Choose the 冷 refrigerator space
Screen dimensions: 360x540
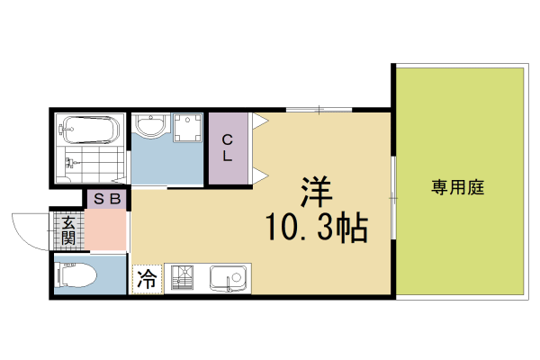click(147, 280)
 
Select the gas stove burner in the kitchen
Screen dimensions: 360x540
click(184, 279)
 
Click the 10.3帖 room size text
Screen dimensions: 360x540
click(314, 229)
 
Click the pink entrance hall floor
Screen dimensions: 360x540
click(106, 231)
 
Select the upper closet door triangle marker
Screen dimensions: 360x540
click(260, 120)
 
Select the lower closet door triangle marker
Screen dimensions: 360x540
click(260, 174)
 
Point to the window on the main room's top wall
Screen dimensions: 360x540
click(319, 110)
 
